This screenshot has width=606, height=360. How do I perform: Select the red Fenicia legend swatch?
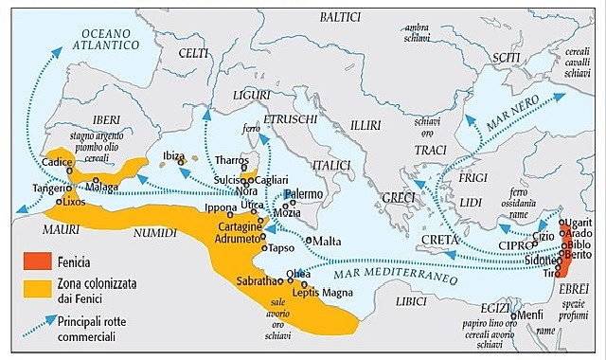coord(39,258)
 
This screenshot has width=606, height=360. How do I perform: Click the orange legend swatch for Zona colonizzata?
coord(39,288)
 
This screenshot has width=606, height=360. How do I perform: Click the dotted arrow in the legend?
coord(39,328)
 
